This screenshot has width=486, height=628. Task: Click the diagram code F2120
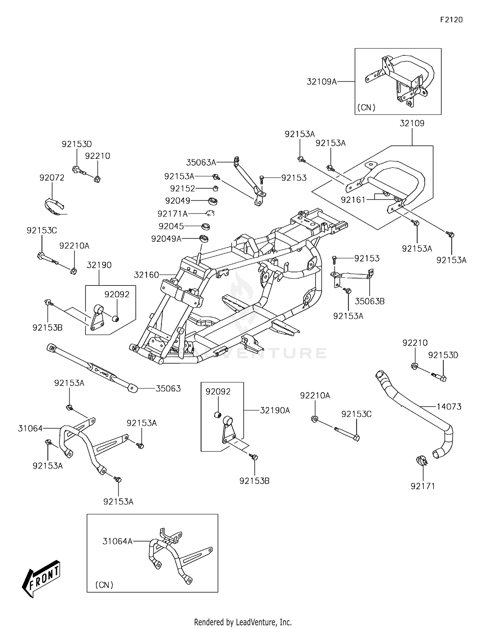point(451,20)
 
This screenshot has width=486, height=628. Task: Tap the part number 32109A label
point(322,82)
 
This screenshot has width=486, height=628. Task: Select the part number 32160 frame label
point(146,275)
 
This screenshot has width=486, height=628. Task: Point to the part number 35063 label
point(168,389)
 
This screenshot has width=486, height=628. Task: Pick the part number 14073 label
point(449,406)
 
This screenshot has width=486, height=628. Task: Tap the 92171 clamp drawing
point(421,460)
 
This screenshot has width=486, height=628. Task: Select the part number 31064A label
point(118,541)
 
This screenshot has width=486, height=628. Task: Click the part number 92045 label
point(171,226)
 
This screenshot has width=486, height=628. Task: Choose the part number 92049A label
point(166,239)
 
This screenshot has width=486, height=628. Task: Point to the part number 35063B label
point(369,301)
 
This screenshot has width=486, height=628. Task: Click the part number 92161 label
point(353,200)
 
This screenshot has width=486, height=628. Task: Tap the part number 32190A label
point(275,411)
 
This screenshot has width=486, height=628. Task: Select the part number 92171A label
point(172,214)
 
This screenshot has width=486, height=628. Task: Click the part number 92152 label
point(182,189)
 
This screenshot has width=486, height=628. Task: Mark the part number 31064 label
point(30,429)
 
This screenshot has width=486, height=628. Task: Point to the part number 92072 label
point(52,178)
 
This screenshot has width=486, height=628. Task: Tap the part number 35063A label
point(201,162)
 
